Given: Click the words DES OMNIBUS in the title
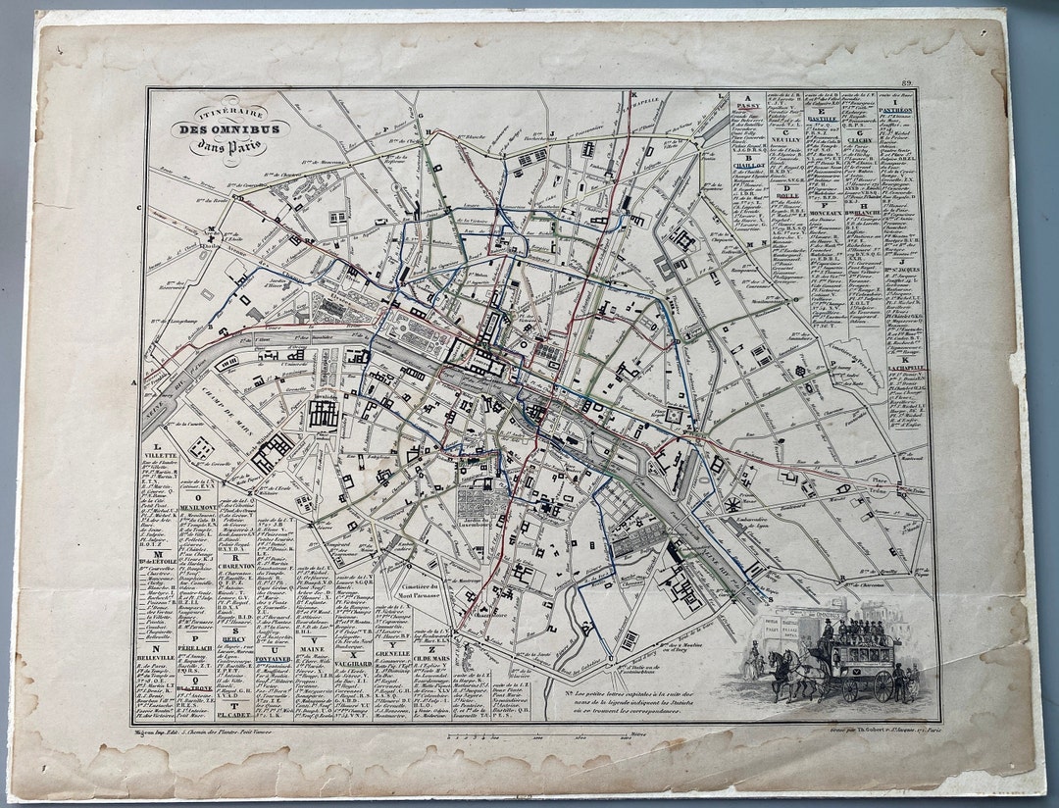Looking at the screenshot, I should [215, 128].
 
